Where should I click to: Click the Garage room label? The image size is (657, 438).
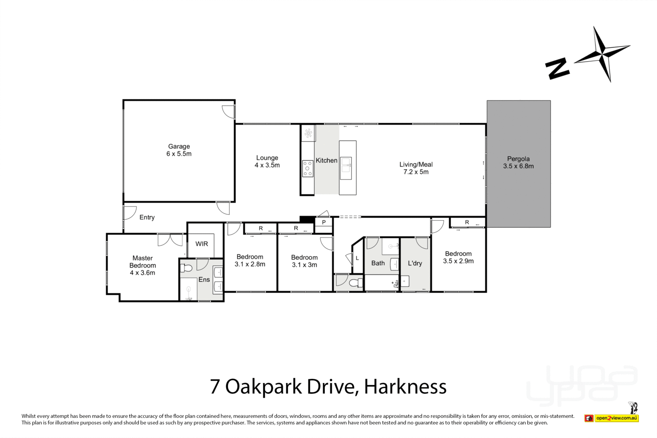pyautogui.click(x=179, y=150)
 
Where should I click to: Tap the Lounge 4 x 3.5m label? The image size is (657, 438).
pyautogui.click(x=267, y=161)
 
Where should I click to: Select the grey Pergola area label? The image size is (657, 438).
pyautogui.click(x=518, y=162)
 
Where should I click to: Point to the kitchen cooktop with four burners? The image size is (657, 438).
pyautogui.click(x=308, y=168)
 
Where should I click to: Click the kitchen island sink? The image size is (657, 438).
pyautogui.click(x=346, y=168)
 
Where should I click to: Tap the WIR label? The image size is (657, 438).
pyautogui.click(x=202, y=244)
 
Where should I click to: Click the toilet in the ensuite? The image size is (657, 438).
pyautogui.click(x=186, y=268)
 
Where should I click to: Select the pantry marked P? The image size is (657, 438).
pyautogui.click(x=324, y=222)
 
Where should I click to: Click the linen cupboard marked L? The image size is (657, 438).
pyautogui.click(x=357, y=258)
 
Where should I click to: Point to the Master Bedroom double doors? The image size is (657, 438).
pyautogui.click(x=170, y=240)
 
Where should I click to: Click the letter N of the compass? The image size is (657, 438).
pyautogui.click(x=557, y=68)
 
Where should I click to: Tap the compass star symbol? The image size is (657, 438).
pyautogui.click(x=602, y=54)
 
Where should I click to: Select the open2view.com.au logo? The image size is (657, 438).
pyautogui.click(x=616, y=418)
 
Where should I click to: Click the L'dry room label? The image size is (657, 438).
pyautogui.click(x=415, y=263)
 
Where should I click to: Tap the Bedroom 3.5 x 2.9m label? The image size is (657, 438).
pyautogui.click(x=458, y=257)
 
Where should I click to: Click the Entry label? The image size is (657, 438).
pyautogui.click(x=147, y=217)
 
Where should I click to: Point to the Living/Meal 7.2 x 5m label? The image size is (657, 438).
pyautogui.click(x=416, y=168)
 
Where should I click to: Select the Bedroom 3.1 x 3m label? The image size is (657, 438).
pyautogui.click(x=304, y=261)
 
